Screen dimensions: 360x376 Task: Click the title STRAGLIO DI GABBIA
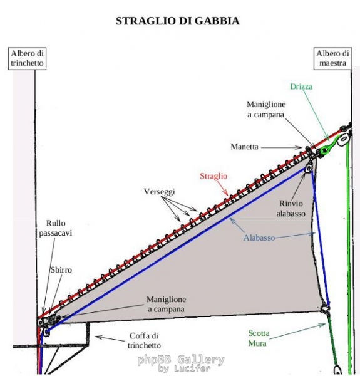177,21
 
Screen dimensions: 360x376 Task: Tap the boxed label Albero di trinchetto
28,58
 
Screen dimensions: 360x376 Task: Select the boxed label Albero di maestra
332,58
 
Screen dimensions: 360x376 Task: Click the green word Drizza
301,86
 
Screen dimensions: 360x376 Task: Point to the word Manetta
244,147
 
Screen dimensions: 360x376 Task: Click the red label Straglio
213,176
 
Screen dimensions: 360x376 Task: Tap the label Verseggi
160,191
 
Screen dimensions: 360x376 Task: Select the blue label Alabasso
259,238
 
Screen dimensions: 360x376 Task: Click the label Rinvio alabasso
291,209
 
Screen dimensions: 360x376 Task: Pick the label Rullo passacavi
56,228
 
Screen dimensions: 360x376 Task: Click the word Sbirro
61,270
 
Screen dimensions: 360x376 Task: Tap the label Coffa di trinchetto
144,340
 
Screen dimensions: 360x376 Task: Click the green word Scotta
259,333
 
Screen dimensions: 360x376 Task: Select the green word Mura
257,343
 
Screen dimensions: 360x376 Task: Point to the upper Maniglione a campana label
266,109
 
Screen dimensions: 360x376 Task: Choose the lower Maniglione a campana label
166,304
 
